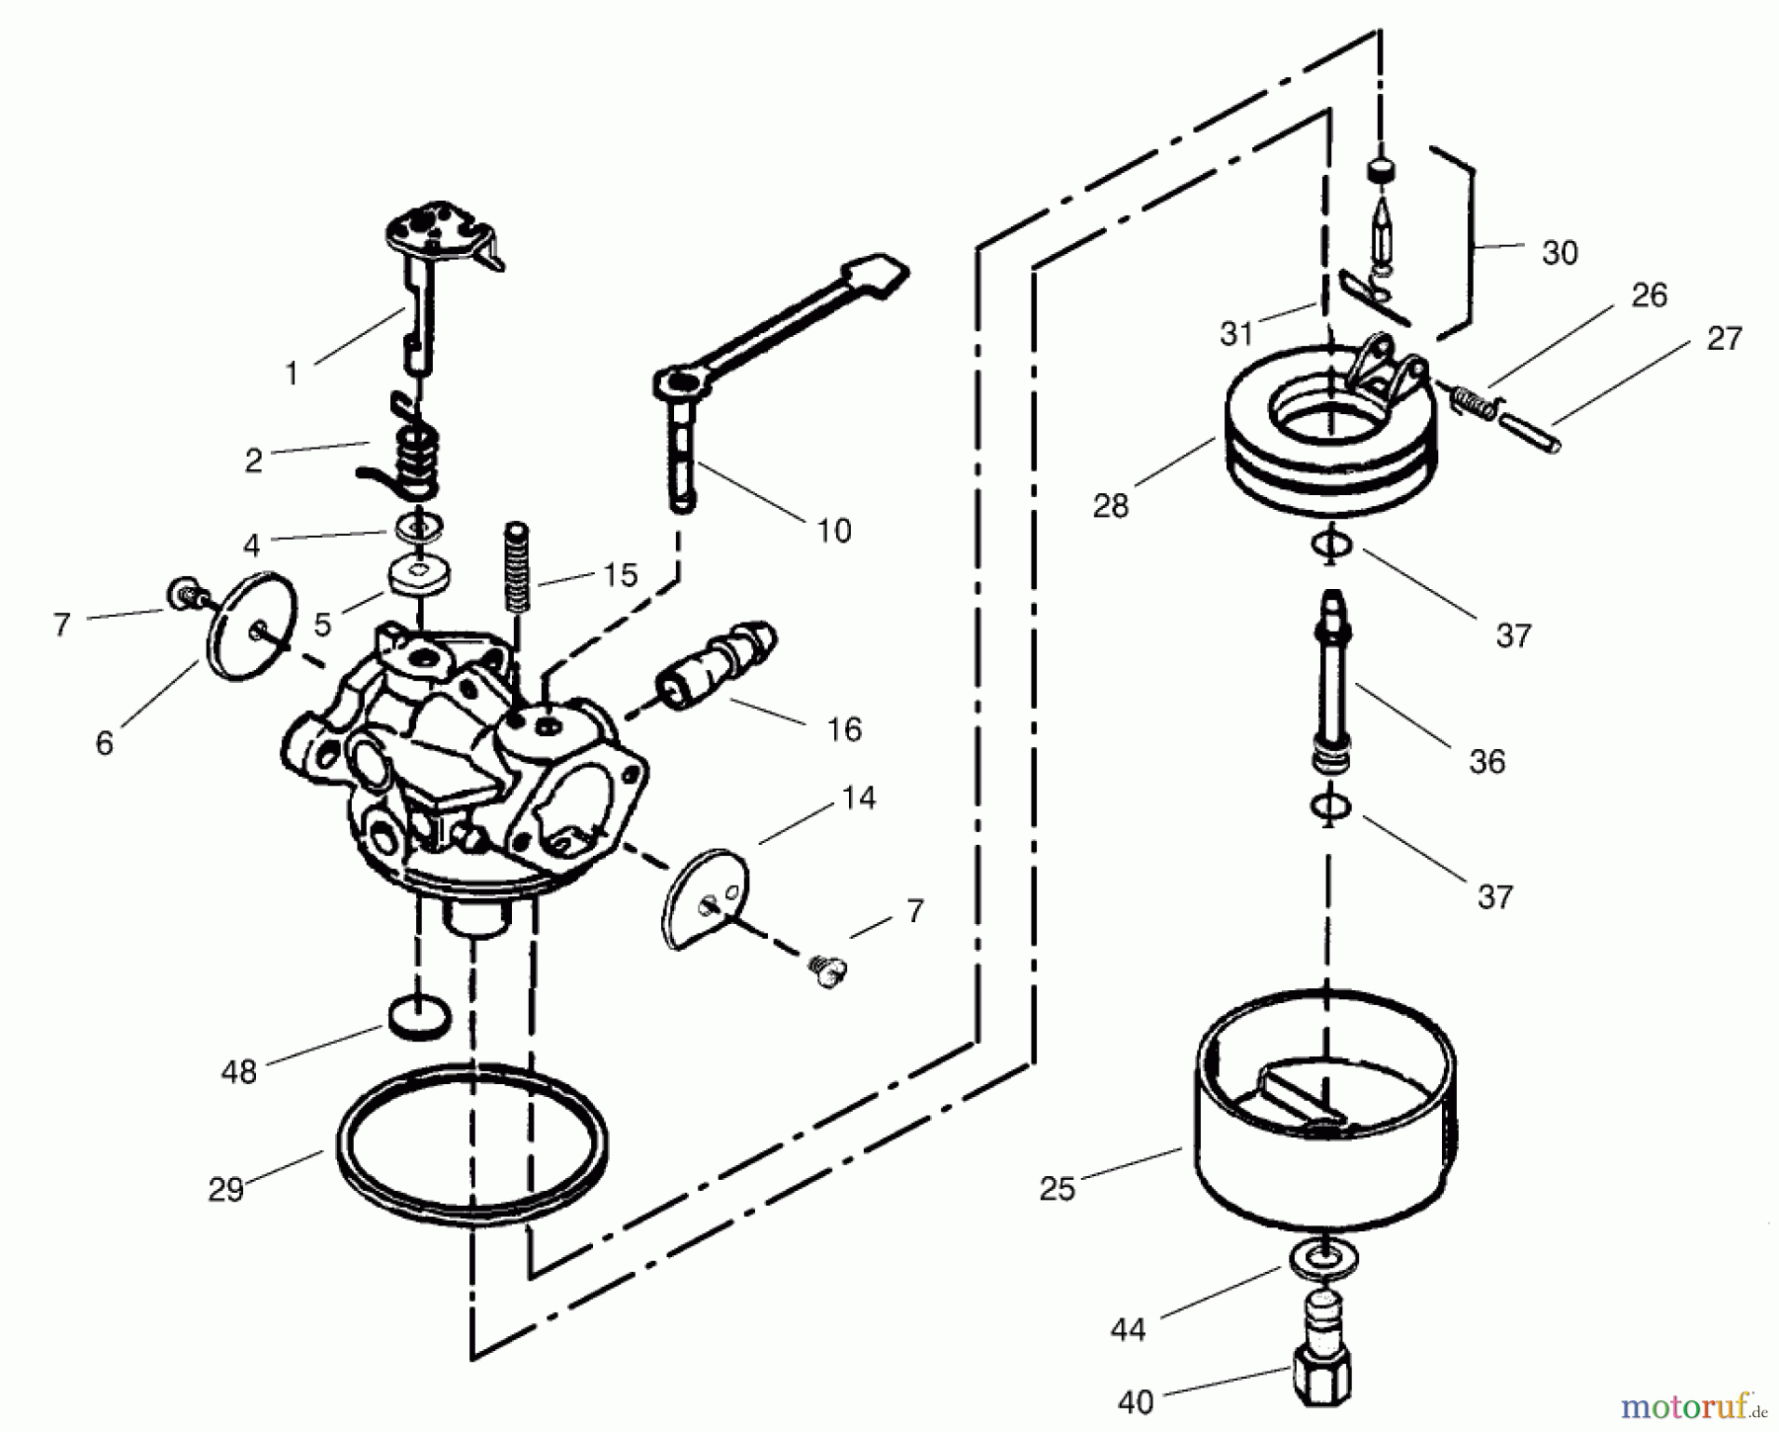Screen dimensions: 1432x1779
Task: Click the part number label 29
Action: [x=225, y=1189]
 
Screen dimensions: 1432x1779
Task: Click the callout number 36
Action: [x=1486, y=761]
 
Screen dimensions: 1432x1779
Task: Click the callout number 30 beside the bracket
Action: [x=1560, y=253]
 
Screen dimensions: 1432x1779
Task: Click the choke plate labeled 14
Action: [x=704, y=897]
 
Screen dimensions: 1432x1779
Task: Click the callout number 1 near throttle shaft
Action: [x=292, y=374]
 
